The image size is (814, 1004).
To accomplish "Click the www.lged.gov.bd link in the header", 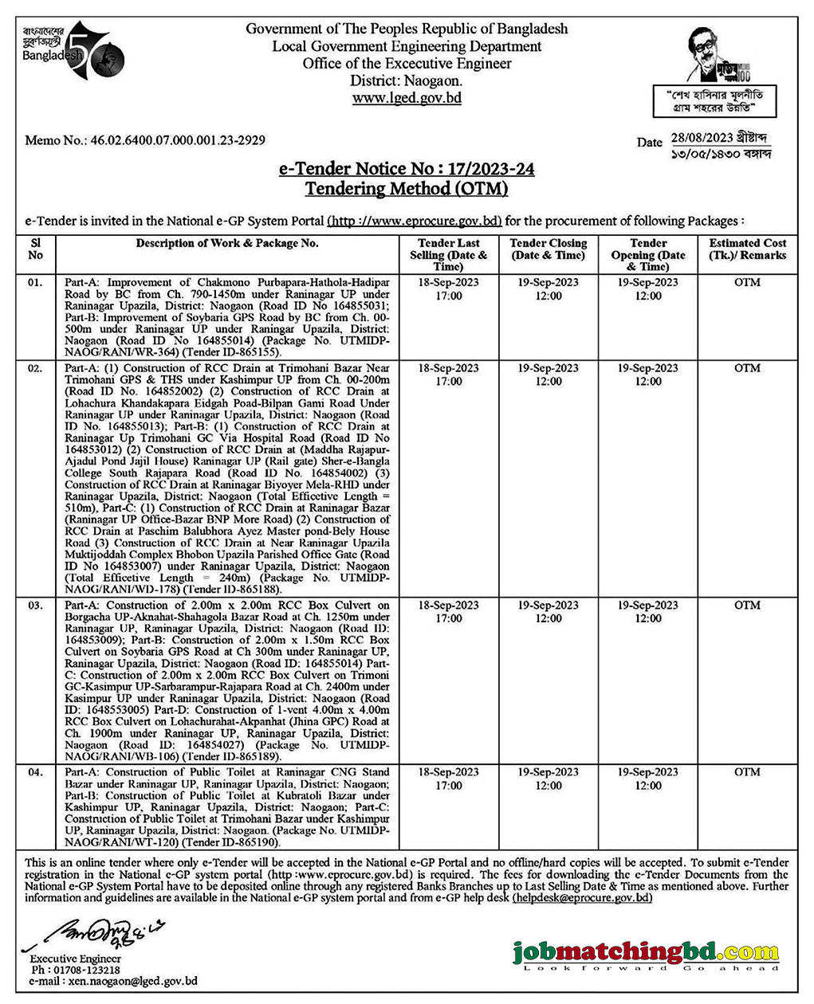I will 407,98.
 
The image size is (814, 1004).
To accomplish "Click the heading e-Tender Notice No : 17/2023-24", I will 407,170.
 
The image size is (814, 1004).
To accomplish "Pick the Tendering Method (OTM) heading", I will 407,189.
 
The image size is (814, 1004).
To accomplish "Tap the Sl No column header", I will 36,249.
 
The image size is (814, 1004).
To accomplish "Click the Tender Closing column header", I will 548,249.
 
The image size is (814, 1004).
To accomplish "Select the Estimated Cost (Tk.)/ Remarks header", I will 747,249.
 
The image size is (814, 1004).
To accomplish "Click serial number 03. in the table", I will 36,606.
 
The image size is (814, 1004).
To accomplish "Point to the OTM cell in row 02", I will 747,368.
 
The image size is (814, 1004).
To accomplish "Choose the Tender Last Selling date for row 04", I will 449,778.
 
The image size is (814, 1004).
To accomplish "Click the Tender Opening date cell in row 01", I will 647,288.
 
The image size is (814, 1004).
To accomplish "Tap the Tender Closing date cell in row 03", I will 548,612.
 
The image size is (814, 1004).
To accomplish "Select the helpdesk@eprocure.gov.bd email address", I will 583,897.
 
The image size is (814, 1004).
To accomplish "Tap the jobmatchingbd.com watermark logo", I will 646,954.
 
